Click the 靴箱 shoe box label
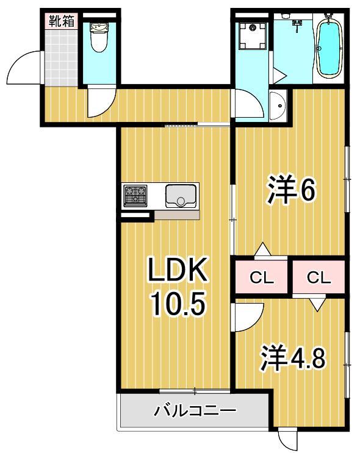[x=62, y=20]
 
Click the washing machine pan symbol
[x=251, y=35]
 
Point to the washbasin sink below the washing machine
[x=278, y=107]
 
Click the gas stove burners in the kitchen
[x=135, y=196]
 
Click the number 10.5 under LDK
[x=176, y=304]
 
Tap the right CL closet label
[x=319, y=278]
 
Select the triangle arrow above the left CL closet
[x=262, y=249]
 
